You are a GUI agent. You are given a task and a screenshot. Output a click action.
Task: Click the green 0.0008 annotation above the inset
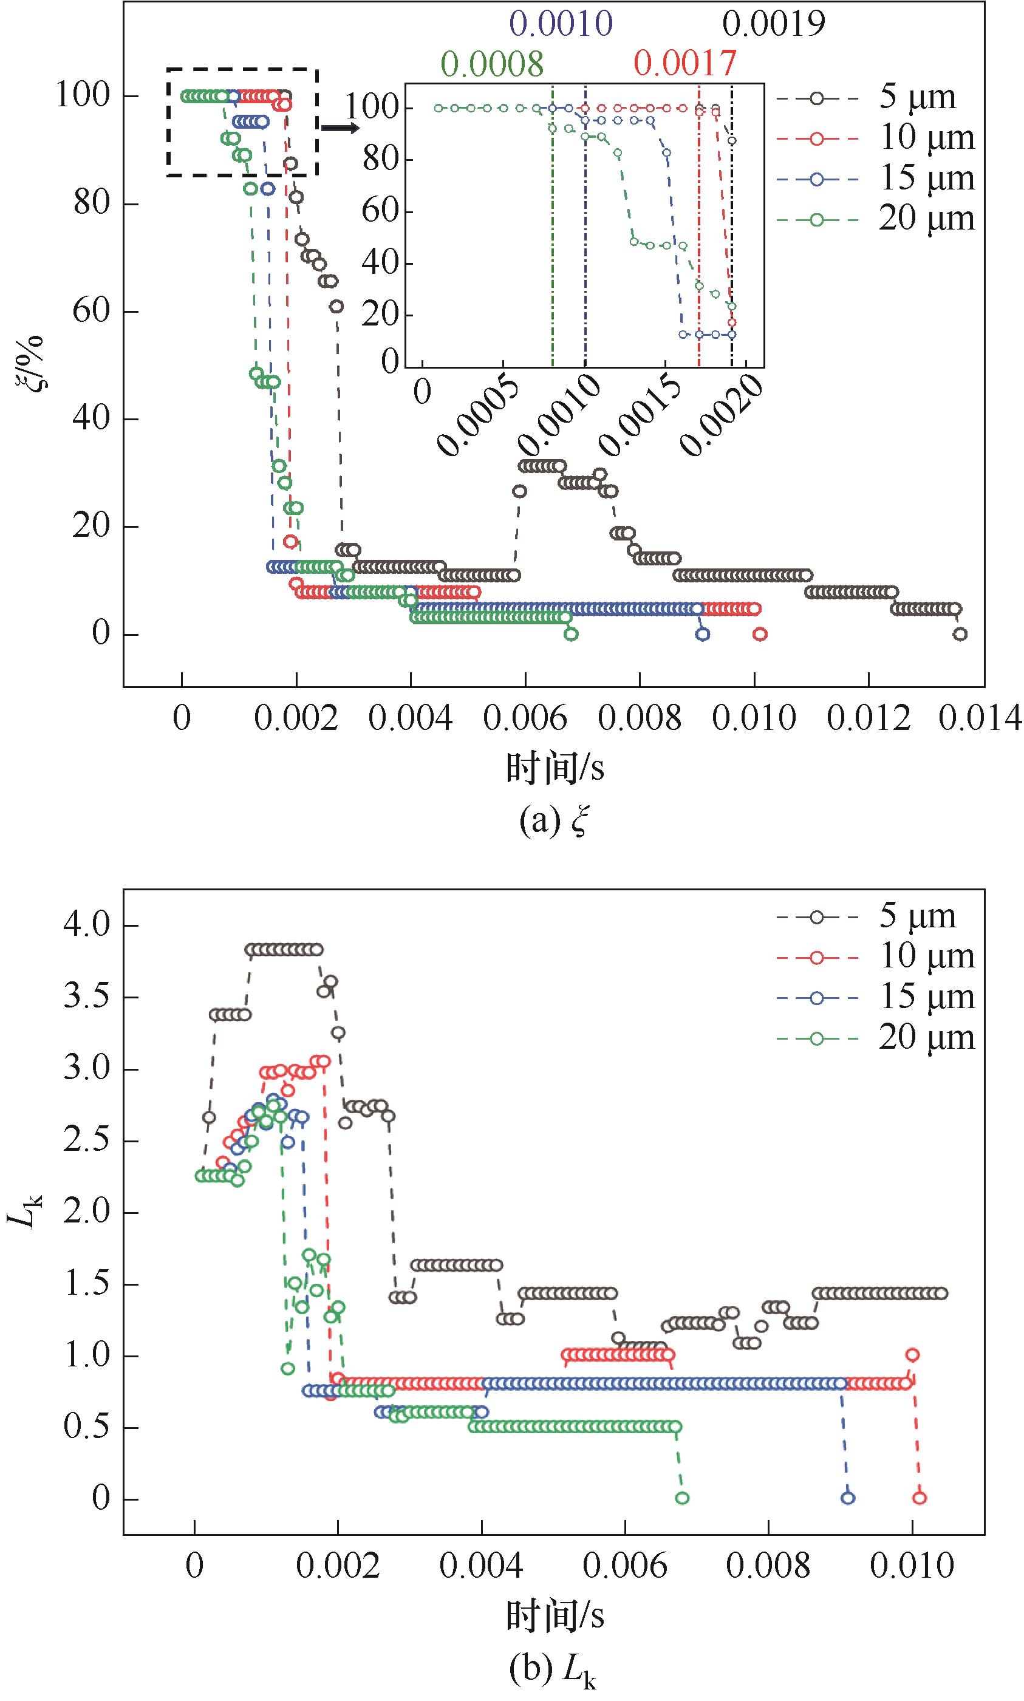click(x=492, y=64)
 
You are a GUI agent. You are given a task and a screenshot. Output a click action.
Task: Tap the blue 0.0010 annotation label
click(x=561, y=24)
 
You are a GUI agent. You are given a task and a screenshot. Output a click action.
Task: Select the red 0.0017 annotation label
click(x=685, y=64)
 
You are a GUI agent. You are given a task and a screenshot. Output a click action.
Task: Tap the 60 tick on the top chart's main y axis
click(x=91, y=311)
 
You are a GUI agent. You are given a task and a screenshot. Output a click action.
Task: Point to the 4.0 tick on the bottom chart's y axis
click(x=87, y=925)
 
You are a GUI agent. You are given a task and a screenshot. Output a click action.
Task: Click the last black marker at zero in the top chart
click(x=960, y=634)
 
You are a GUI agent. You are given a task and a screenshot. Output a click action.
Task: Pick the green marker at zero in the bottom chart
click(x=681, y=1498)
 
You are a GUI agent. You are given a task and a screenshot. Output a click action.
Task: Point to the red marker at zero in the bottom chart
click(x=919, y=1498)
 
